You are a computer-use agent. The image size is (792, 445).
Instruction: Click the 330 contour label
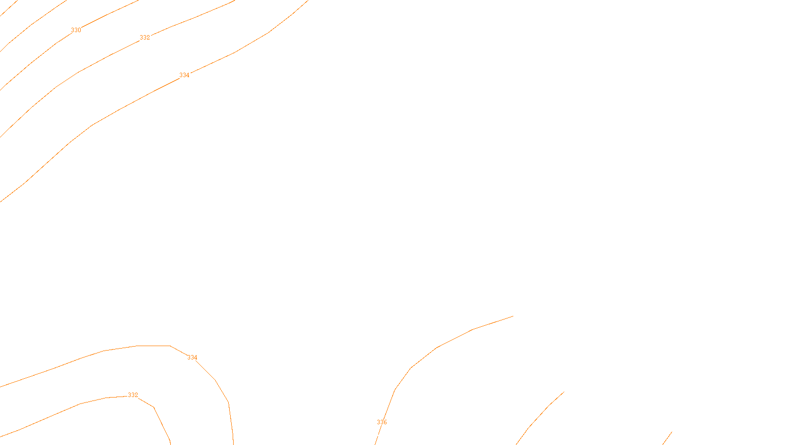coord(76,30)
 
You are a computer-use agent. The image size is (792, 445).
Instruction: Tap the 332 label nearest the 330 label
coord(145,38)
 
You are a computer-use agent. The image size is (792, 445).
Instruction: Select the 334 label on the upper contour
coord(184,75)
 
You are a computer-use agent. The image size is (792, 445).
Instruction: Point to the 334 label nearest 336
coord(192,357)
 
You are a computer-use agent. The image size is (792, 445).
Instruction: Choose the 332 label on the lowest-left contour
coord(133,395)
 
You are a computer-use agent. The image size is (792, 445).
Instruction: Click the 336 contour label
coord(382,422)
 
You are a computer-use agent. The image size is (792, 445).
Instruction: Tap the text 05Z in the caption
coord(375,437)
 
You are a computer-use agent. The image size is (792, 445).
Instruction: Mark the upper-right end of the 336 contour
coord(512,316)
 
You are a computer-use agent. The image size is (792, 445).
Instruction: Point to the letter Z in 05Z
coord(379,437)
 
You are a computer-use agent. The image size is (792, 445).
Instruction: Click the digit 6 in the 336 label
coord(385,422)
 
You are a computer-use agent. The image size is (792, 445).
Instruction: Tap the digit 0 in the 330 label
coord(79,30)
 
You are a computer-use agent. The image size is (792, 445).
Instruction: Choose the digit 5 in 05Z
coord(375,437)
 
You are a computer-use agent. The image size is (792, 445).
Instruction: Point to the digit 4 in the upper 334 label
coord(188,75)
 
